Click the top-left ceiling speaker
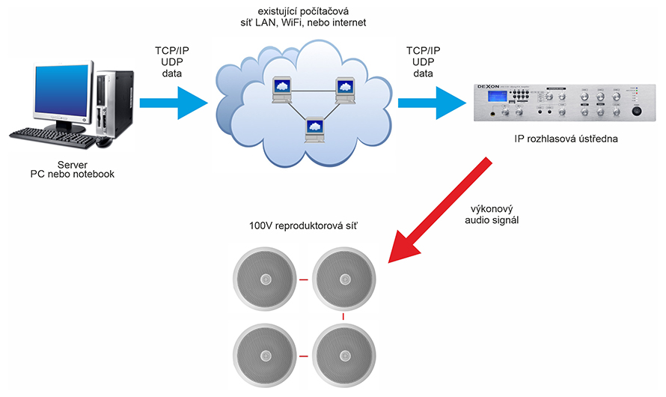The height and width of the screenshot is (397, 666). coord(266,281)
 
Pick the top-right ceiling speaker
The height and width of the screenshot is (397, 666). coord(343,281)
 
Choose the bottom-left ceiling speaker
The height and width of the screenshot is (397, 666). coord(266,355)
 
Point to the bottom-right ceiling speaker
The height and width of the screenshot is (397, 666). coord(343,355)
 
